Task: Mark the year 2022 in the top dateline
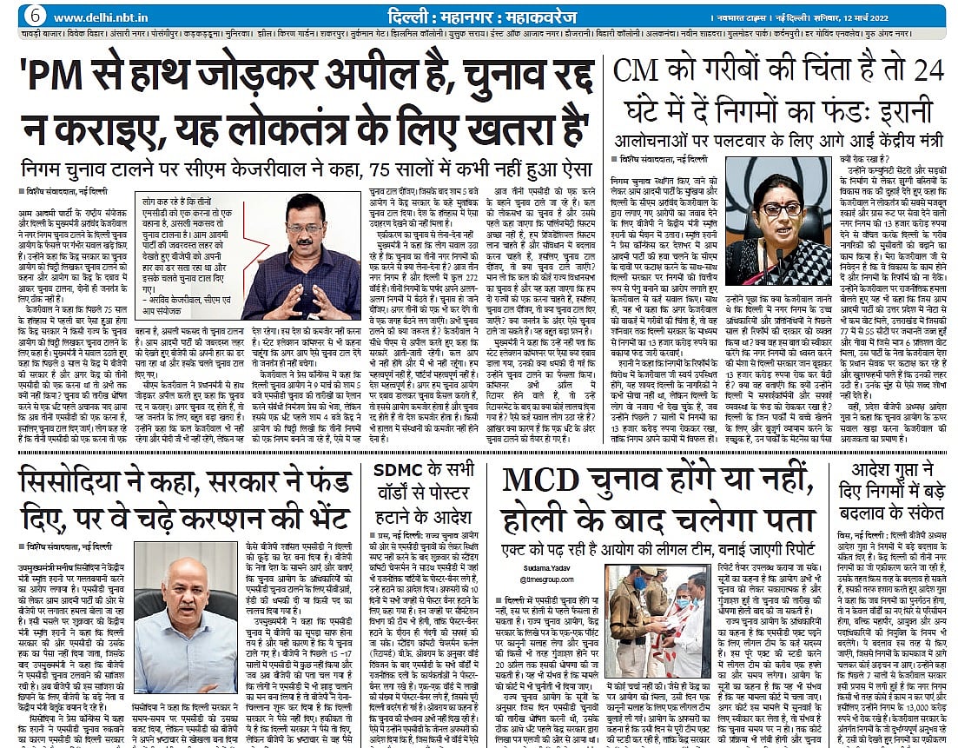(x=926, y=17)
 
